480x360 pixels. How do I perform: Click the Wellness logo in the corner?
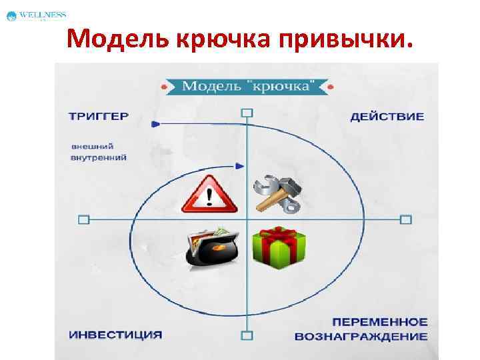tap(37, 15)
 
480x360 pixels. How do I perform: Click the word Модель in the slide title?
tap(117, 41)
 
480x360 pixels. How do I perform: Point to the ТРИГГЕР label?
tap(99, 116)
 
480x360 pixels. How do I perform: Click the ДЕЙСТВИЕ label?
tap(387, 116)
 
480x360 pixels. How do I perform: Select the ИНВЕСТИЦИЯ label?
tap(115, 333)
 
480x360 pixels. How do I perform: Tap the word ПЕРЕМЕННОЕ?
tap(380, 322)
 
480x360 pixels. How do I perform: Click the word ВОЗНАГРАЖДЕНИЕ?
tap(380, 336)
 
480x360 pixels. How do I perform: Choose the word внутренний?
tap(99, 157)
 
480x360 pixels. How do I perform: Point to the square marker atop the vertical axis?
tap(247, 113)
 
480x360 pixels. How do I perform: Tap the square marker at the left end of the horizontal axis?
tap(83, 219)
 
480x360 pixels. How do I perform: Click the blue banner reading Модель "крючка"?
tap(247, 87)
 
